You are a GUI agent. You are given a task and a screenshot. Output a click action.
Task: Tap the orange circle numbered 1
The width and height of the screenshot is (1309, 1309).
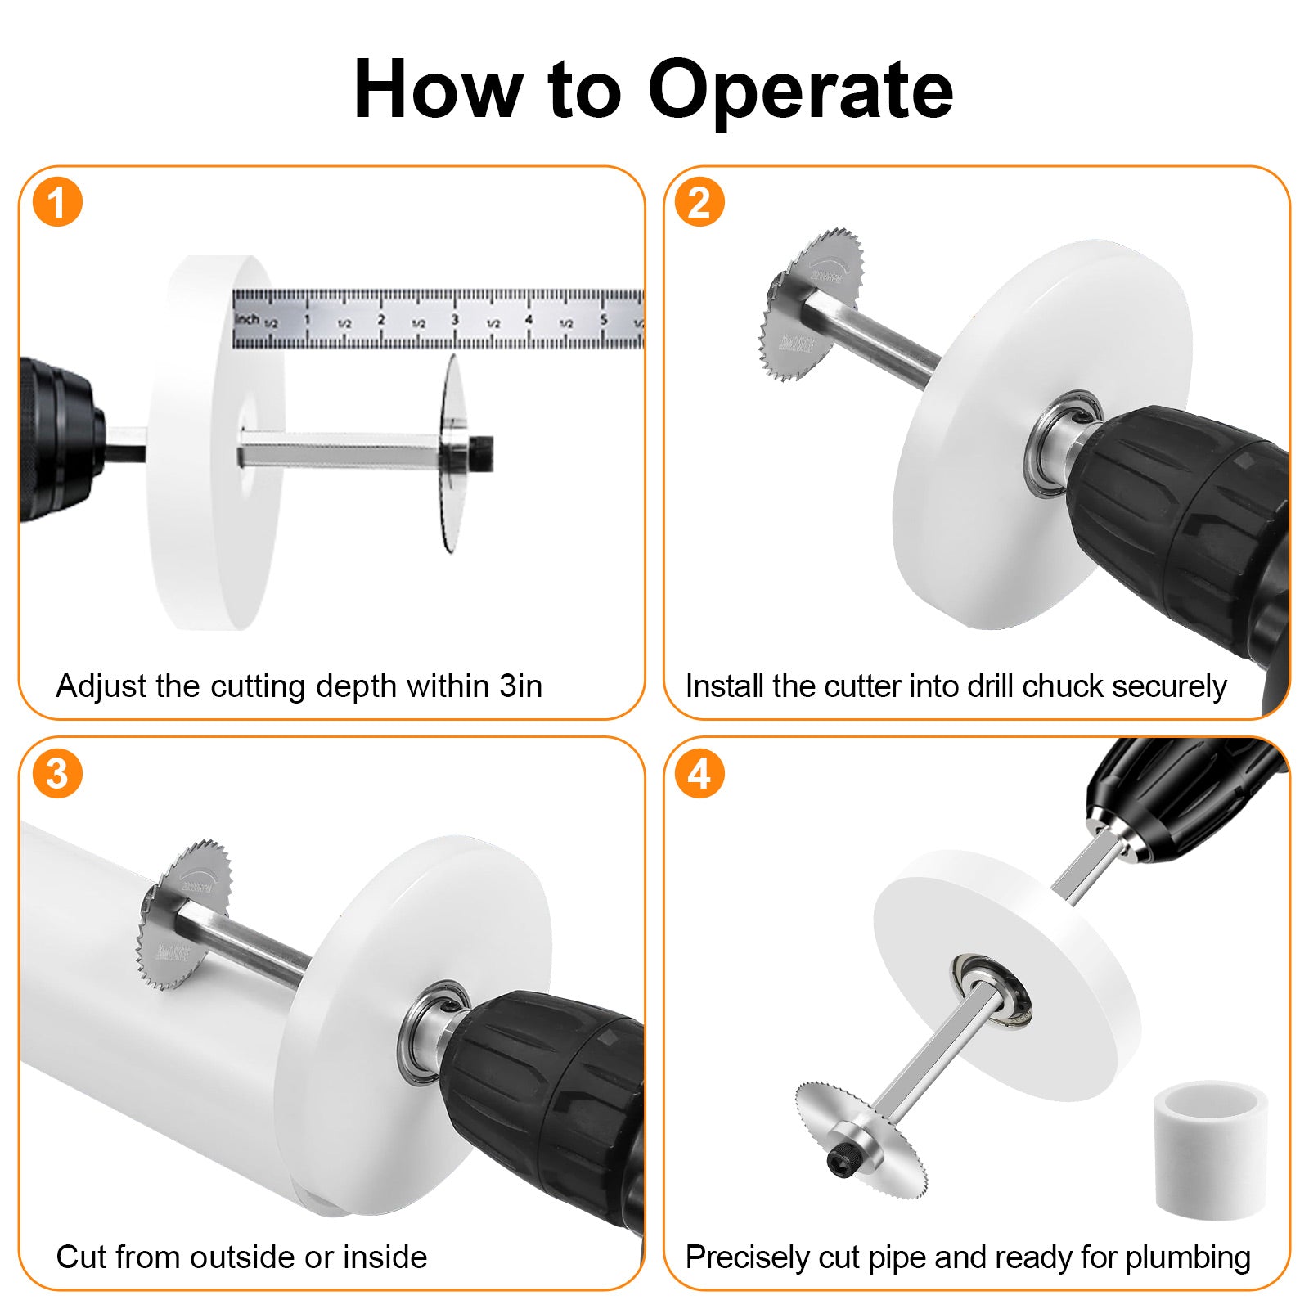[57, 203]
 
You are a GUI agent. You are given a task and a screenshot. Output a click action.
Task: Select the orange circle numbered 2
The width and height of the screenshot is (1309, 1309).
[699, 202]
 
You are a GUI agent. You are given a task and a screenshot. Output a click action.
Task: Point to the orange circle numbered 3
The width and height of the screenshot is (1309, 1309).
[57, 774]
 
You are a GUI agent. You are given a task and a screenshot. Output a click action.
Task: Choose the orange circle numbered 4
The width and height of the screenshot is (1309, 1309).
[699, 774]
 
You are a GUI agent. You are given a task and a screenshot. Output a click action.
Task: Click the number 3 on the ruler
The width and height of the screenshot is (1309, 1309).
[455, 320]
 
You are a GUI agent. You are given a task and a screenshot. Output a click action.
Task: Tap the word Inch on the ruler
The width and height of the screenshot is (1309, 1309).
[247, 318]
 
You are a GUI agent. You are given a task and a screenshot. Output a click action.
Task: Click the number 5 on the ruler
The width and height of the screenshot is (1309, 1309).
[604, 320]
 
